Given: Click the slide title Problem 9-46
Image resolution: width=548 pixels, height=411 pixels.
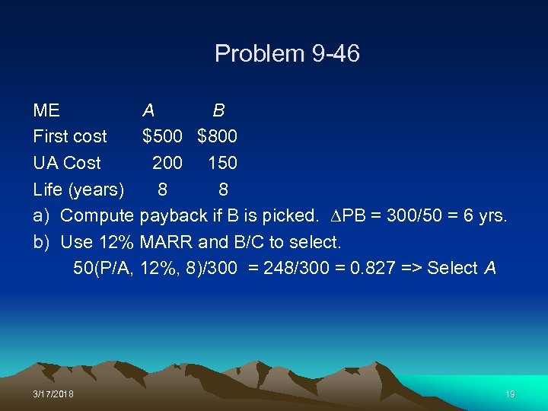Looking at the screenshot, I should [287, 54].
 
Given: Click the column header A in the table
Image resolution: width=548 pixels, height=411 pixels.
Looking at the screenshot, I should [148, 110].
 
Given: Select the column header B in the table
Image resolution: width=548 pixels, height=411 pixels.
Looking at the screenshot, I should [218, 110].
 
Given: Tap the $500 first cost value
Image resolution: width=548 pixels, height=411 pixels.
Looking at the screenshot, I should [162, 137].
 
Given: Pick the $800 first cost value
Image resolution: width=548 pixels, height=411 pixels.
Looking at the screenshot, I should [217, 137].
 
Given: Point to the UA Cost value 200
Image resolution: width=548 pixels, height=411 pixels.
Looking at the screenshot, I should [167, 163].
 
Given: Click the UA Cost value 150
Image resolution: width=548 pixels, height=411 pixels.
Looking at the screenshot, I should [222, 163].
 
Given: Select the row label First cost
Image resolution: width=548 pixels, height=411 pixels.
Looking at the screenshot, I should [70, 137].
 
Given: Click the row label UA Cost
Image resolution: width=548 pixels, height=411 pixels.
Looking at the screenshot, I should [67, 163].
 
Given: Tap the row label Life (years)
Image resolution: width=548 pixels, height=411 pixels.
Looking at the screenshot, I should [79, 190].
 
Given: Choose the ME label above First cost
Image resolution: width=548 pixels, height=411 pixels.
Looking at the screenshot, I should [46, 110].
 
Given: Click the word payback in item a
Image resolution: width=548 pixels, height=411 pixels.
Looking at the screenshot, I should [174, 216].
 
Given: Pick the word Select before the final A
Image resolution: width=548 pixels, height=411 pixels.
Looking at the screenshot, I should [453, 268].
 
